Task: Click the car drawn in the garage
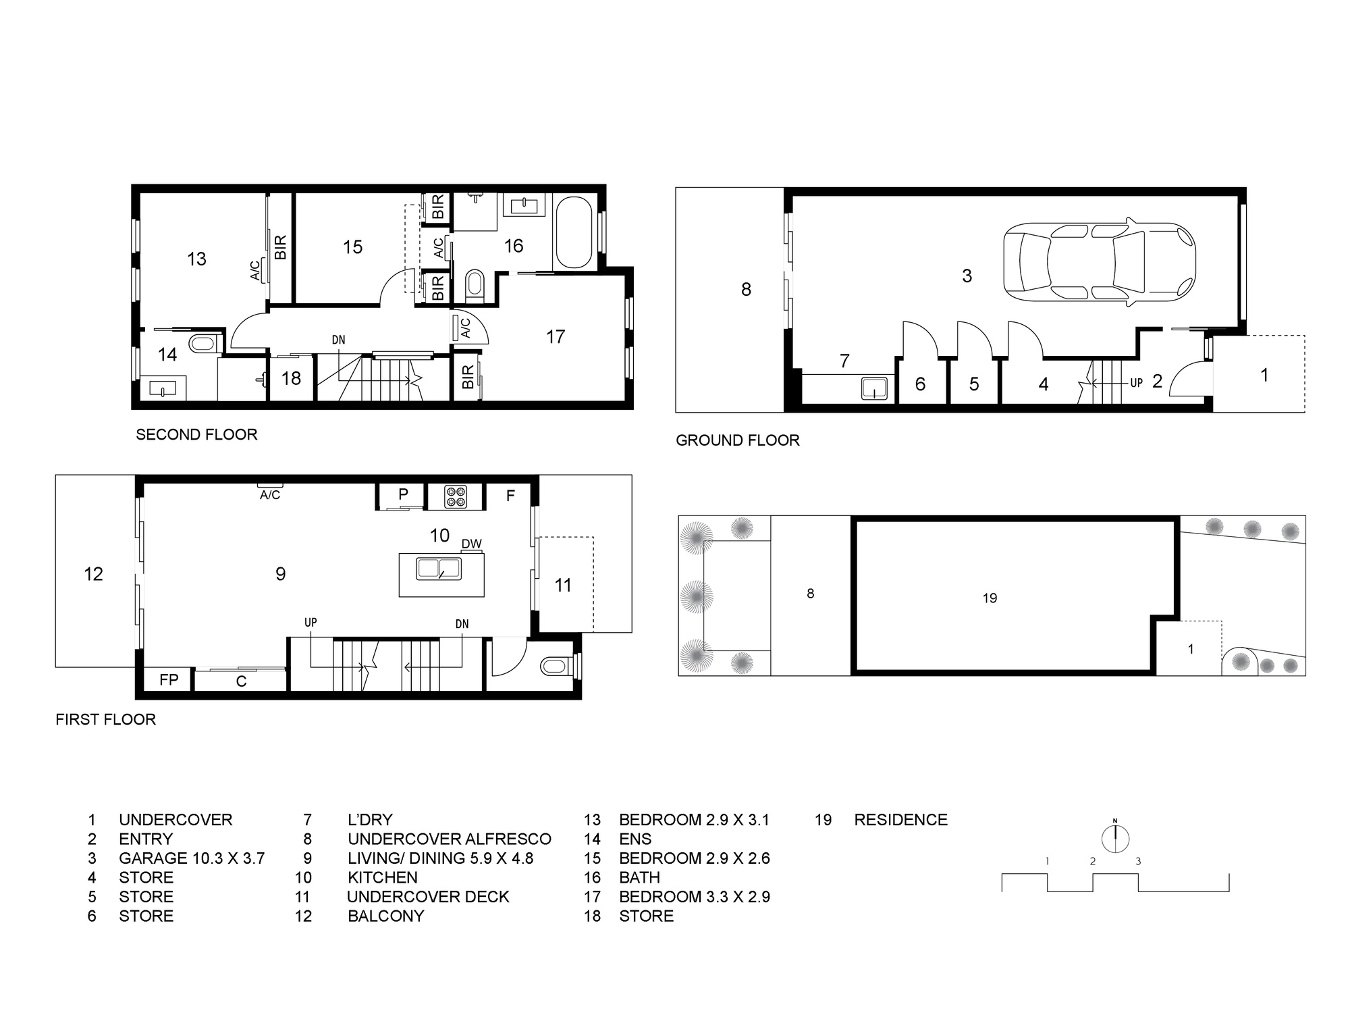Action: (1099, 262)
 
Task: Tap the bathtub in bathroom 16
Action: (573, 232)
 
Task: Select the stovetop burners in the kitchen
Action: (456, 497)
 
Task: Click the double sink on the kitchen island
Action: (439, 569)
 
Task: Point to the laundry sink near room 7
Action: (874, 389)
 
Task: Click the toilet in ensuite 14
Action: (202, 343)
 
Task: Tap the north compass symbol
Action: (1115, 838)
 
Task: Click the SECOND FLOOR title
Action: (196, 434)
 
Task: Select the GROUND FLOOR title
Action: (738, 440)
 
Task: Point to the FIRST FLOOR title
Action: (106, 719)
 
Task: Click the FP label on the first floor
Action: (169, 679)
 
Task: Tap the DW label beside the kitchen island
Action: (472, 544)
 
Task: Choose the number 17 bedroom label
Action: (556, 336)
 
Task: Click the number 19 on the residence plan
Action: (990, 598)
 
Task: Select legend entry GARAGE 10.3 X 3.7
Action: (192, 858)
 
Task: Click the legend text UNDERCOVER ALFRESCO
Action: (450, 839)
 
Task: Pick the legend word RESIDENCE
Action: (901, 820)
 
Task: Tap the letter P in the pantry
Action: (403, 494)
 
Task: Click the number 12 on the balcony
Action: (93, 574)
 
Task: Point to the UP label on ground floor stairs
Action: (1137, 383)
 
